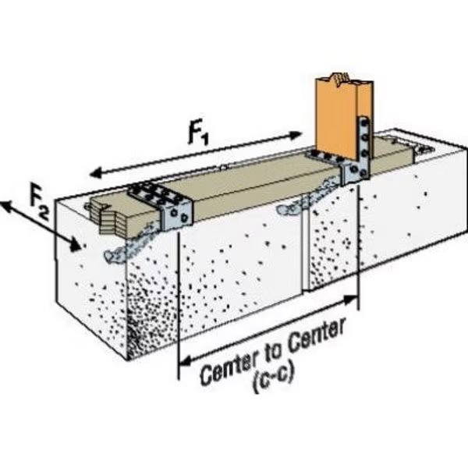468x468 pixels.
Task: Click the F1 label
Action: coord(198,136)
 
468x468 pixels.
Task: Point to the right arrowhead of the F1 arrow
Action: coord(295,135)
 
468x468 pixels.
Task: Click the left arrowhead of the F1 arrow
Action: coord(95,173)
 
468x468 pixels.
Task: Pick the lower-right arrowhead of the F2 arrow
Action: coord(74,245)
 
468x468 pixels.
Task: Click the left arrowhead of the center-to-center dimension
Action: coord(186,362)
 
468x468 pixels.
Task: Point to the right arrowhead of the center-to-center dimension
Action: coord(351,300)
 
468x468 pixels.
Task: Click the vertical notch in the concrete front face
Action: coord(305,250)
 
